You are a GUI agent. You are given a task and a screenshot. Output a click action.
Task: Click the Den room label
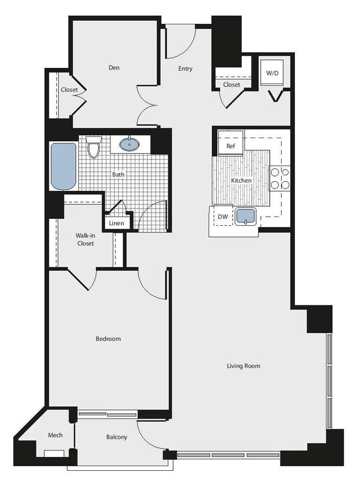(x=114, y=68)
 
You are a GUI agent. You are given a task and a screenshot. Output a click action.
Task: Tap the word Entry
(x=185, y=69)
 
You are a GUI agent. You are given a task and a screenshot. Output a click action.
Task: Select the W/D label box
(x=272, y=74)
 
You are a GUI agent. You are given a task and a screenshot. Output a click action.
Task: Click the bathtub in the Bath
(x=63, y=166)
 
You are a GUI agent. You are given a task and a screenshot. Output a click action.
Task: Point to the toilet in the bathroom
(x=94, y=147)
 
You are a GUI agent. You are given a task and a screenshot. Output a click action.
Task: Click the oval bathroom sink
(x=129, y=143)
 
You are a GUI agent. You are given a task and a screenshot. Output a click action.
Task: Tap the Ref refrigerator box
(x=231, y=146)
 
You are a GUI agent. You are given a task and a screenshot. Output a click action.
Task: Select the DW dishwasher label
(x=222, y=217)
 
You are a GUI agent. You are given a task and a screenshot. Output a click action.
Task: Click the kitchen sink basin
(x=246, y=216)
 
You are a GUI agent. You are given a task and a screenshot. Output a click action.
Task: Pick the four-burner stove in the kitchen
(x=280, y=178)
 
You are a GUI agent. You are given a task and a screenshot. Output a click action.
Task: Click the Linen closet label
(x=116, y=223)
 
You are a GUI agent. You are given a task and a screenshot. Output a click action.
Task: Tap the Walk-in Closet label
(x=85, y=239)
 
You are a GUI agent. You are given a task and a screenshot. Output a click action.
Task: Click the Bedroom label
(x=109, y=338)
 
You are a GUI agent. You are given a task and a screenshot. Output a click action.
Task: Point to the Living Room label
(x=243, y=366)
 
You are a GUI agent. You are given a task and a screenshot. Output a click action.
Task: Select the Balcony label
(x=117, y=437)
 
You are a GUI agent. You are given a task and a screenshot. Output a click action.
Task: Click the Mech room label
(x=55, y=435)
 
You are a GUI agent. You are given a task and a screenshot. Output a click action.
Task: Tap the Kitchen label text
(x=242, y=181)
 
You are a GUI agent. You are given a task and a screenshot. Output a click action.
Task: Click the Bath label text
(x=118, y=174)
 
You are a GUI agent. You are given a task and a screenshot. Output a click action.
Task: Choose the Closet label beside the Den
(x=69, y=90)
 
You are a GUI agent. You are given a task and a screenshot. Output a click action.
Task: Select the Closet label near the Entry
(x=232, y=85)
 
